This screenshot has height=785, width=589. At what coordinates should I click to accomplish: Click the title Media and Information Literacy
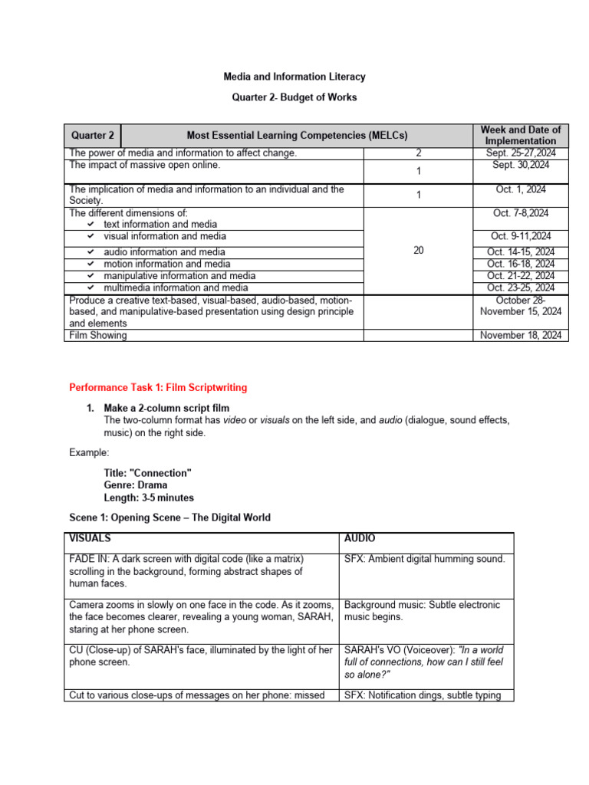(294, 77)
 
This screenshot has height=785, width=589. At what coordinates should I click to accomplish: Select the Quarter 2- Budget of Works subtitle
(294, 97)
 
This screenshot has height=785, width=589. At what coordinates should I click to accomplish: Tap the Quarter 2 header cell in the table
(92, 136)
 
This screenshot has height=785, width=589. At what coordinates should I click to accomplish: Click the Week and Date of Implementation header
(520, 135)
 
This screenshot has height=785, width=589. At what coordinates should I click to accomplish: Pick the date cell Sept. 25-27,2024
(520, 153)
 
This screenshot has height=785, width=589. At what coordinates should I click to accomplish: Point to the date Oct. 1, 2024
(520, 189)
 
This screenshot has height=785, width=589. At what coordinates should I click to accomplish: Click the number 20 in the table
(418, 251)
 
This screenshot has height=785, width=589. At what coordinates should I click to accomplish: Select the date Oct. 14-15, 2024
(521, 252)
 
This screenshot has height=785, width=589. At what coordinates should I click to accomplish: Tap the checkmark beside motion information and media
(90, 264)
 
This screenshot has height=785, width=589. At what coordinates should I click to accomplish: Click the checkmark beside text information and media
(90, 225)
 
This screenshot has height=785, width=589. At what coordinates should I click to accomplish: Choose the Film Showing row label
(98, 335)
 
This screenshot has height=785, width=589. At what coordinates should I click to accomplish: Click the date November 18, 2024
(521, 335)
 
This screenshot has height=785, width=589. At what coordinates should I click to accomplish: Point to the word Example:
(89, 453)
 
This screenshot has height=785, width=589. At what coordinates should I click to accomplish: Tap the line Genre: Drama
(135, 485)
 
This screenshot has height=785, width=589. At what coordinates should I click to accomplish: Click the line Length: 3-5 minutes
(149, 498)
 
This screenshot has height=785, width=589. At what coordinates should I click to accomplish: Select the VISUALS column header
(90, 539)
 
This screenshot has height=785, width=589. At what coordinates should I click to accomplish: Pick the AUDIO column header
(360, 539)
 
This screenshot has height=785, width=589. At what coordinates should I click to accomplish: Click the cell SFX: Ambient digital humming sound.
(424, 559)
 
